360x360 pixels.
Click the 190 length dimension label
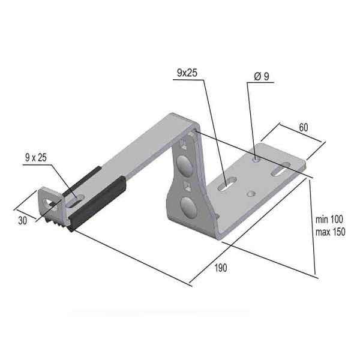coord(221,268)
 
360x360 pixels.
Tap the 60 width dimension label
coord(304,127)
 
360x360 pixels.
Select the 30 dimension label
coord(23,221)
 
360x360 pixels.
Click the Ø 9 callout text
coord(262,76)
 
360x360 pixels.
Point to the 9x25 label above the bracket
coord(187,73)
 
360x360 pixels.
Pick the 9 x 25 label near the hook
coord(36,157)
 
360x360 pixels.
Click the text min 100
coord(329,220)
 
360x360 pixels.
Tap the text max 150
coord(331,232)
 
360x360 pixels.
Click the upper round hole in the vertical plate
coord(185,166)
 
